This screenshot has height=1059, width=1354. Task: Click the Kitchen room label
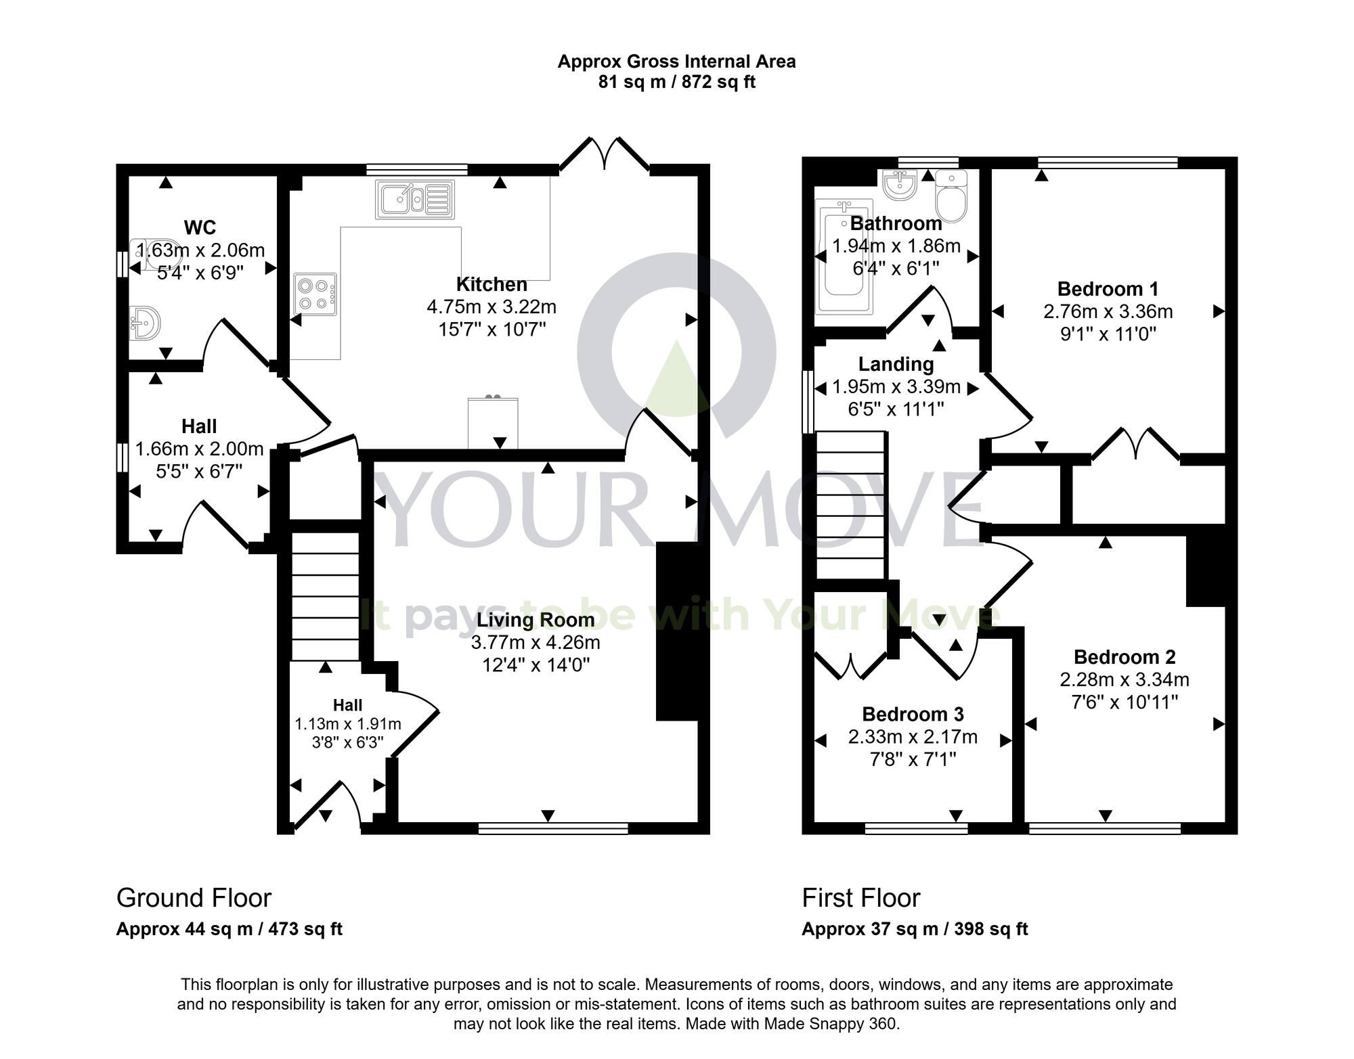(x=492, y=284)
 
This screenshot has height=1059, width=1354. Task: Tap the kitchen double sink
(x=414, y=199)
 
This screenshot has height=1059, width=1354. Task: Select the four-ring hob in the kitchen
(x=315, y=294)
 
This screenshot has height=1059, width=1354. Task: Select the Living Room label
(x=536, y=620)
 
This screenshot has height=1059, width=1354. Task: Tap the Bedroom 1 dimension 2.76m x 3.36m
(x=1108, y=311)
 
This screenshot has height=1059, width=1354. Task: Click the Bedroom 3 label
(x=913, y=714)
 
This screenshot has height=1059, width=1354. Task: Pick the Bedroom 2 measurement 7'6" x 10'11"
(x=1124, y=702)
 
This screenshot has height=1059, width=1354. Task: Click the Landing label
(x=896, y=364)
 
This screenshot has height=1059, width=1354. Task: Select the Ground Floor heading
(x=194, y=898)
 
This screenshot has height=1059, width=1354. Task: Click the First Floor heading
(x=860, y=898)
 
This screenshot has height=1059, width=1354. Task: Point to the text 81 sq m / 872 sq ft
(x=676, y=83)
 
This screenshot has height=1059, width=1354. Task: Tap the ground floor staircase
(x=325, y=596)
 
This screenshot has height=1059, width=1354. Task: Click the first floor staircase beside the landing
(x=851, y=505)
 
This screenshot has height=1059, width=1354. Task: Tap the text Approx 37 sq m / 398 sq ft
(x=914, y=929)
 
